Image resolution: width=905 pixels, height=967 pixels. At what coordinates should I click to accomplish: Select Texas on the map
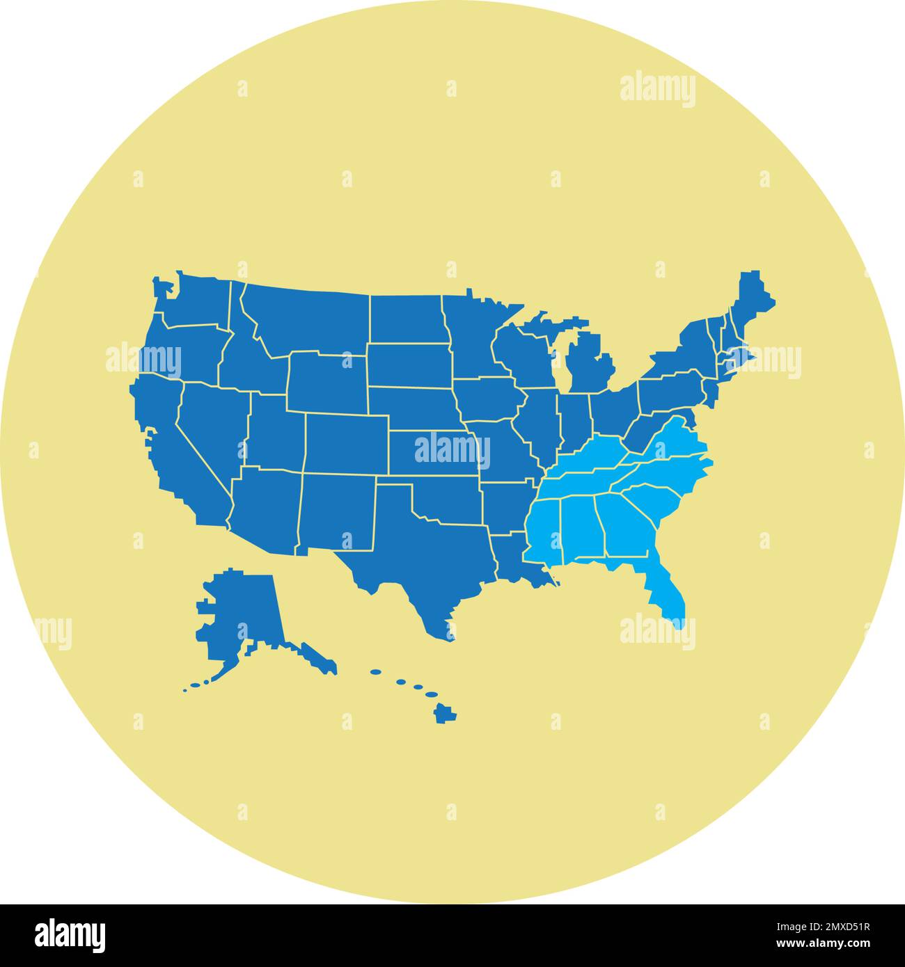[418, 557]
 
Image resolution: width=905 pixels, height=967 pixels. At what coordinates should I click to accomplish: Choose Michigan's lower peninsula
[588, 365]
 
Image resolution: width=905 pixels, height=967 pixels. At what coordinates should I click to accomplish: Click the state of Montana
[306, 317]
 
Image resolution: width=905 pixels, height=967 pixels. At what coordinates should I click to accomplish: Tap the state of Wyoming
[327, 383]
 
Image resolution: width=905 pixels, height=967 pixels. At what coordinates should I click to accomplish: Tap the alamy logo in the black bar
[70, 934]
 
